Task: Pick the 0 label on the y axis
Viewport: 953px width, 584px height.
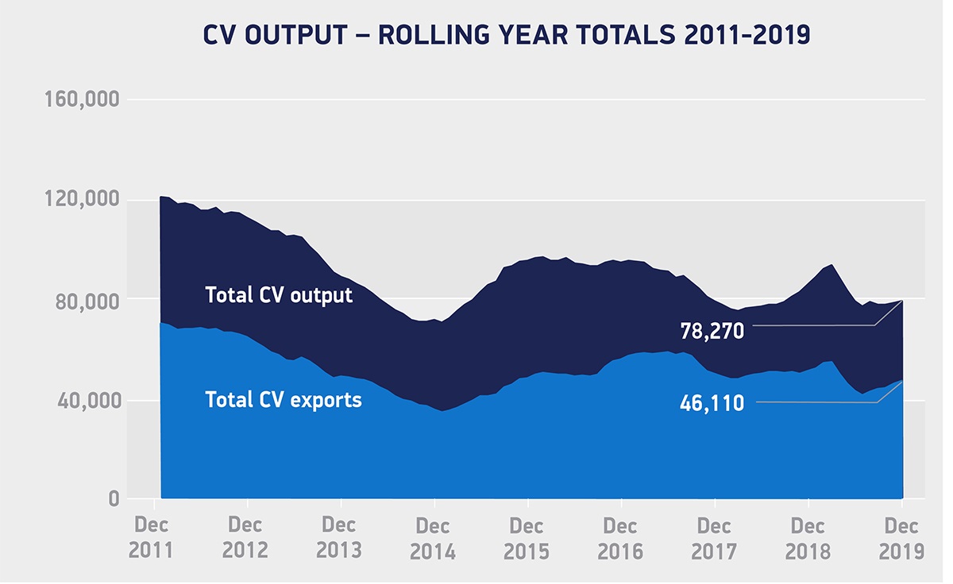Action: pyautogui.click(x=114, y=500)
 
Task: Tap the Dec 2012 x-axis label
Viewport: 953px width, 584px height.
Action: pyautogui.click(x=247, y=538)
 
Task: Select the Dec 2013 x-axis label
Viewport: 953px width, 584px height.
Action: pyautogui.click(x=340, y=538)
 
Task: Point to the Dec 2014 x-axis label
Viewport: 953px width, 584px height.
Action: pyautogui.click(x=434, y=538)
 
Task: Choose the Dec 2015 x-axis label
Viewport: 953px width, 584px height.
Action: pyautogui.click(x=527, y=538)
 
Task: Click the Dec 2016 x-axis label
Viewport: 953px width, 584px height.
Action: pyautogui.click(x=620, y=538)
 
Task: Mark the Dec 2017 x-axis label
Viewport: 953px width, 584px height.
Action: pyautogui.click(x=714, y=538)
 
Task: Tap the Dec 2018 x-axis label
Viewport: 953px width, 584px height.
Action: pyautogui.click(x=808, y=538)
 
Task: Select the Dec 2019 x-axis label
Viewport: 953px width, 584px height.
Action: pyautogui.click(x=902, y=538)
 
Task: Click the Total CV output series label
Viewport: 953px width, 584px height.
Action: pyautogui.click(x=279, y=295)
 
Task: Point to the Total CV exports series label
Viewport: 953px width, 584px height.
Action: pyautogui.click(x=284, y=400)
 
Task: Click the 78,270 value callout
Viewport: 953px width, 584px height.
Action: pyautogui.click(x=712, y=331)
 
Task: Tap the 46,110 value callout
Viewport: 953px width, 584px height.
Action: pyautogui.click(x=712, y=403)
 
